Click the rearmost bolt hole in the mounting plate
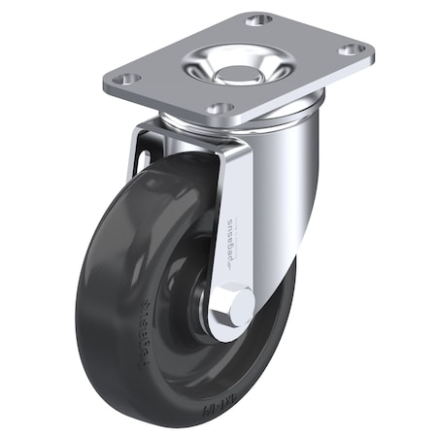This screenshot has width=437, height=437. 257,19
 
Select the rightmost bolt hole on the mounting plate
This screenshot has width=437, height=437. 353,49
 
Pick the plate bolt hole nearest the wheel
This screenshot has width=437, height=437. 220,109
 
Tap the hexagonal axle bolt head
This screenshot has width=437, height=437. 233,305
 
